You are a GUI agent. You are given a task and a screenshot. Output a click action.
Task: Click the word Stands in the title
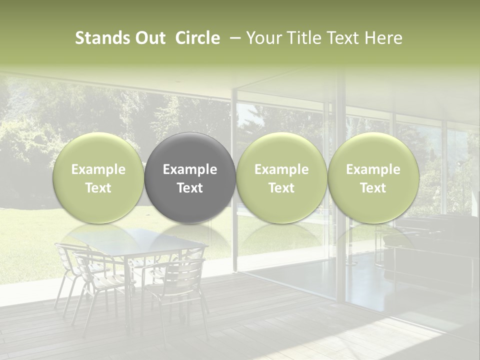point(98,38)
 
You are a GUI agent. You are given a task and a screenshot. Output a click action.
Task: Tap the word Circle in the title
point(197,38)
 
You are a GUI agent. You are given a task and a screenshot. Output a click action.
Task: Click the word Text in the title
point(345,38)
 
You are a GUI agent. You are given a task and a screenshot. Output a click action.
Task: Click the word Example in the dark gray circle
point(190,169)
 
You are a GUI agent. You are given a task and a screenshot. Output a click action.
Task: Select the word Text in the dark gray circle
point(190,188)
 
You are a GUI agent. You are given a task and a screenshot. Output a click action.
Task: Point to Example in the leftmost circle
point(98,169)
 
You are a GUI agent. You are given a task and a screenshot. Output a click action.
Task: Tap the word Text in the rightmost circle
point(373,188)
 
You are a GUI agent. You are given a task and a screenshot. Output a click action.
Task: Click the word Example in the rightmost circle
point(373,169)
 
